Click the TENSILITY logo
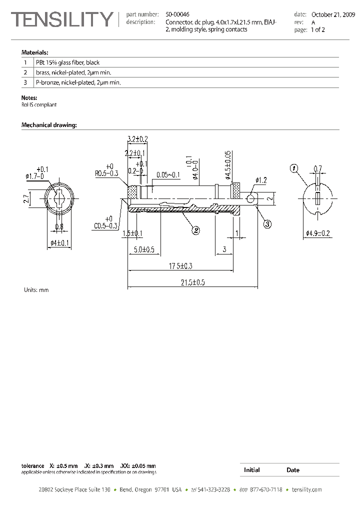62,20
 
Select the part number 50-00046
177,15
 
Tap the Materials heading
34,52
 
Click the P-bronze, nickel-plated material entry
78,82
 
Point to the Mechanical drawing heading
49,125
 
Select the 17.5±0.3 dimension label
180,265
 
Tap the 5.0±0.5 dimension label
144,249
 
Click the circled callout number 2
196,230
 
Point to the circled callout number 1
294,168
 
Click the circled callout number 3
268,224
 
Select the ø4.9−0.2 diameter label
319,234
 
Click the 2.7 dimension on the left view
26,199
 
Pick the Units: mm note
36,290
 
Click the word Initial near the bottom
251,470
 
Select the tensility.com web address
306,490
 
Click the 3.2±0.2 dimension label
138,138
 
